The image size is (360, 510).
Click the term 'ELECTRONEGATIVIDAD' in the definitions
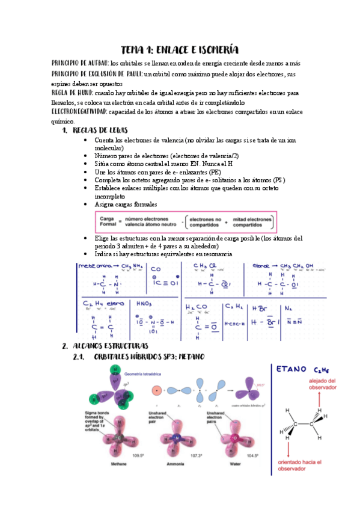pos(79,112)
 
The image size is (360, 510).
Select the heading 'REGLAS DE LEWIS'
pos(100,130)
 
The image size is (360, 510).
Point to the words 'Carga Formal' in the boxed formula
pos(108,221)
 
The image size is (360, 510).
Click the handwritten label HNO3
pos(147,304)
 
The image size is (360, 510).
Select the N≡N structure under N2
pos(294,322)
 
